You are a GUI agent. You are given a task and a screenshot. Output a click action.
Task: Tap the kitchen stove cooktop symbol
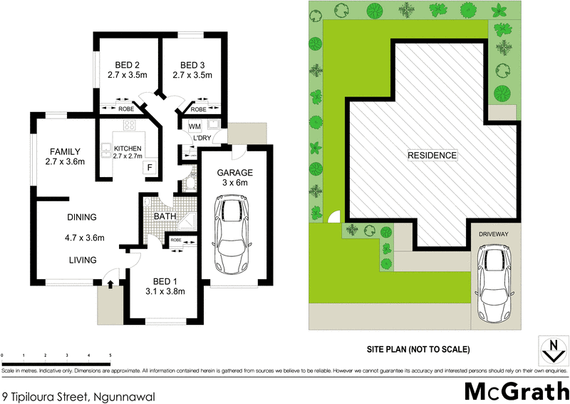(130, 126)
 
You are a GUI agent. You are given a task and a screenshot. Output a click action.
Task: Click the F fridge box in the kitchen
(150, 168)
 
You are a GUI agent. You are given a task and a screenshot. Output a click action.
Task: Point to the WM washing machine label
(195, 126)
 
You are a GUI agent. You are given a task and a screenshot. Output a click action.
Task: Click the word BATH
(165, 216)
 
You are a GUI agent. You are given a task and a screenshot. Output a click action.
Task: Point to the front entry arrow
(110, 284)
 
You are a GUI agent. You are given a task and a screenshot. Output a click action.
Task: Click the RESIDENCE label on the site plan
(432, 155)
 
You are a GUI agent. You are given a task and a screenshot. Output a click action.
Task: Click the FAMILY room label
(64, 151)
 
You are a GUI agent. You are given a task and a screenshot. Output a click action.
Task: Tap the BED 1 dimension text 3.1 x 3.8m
(164, 291)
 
